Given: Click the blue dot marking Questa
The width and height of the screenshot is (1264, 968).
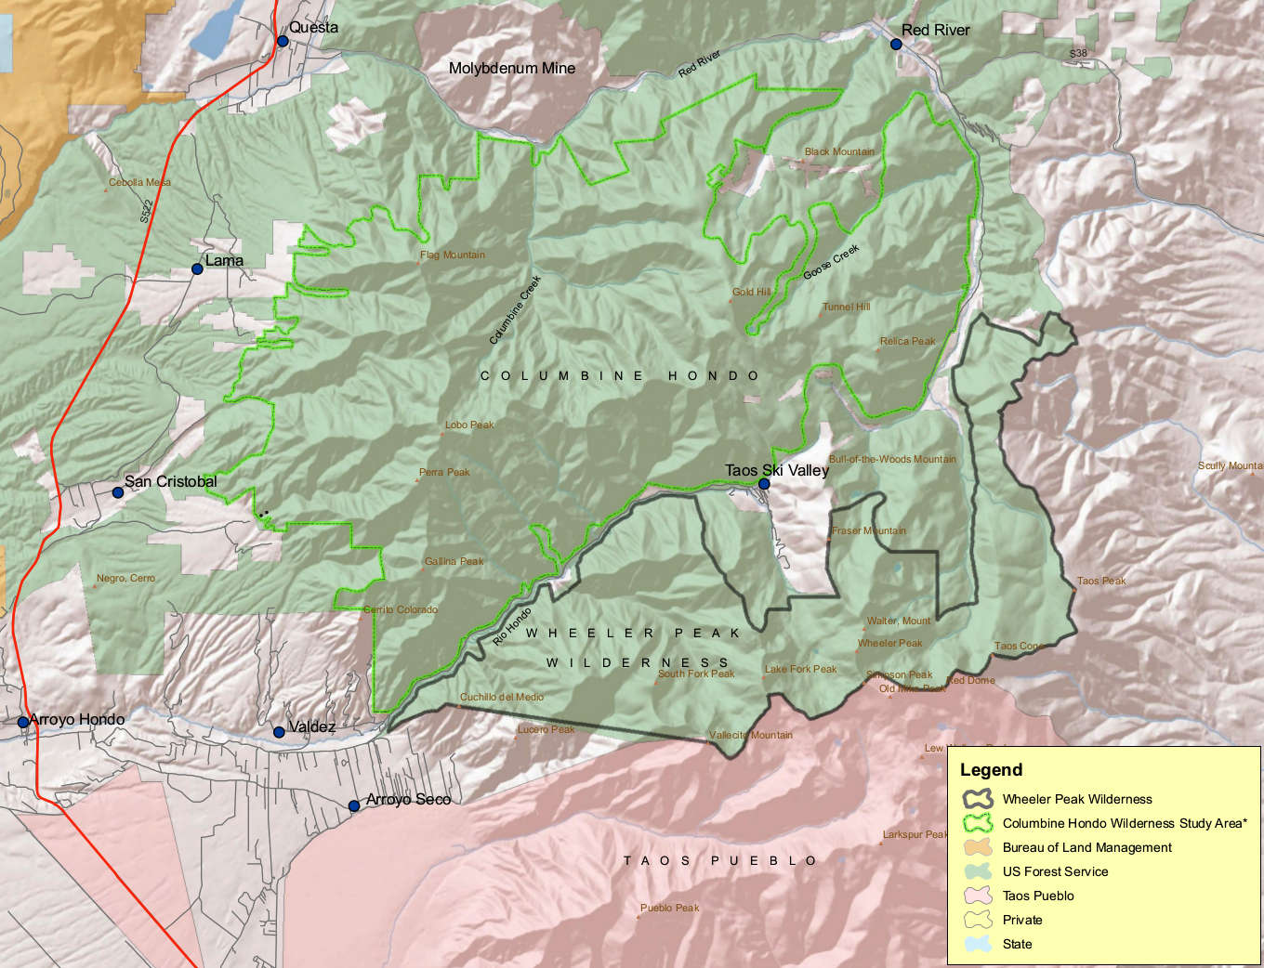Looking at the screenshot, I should coord(283,41).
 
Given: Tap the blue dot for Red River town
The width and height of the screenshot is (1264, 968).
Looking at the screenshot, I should coord(896,44).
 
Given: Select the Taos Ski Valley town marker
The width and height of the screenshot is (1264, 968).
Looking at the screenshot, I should coord(764,484).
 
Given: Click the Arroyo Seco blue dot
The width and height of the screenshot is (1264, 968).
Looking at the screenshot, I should coord(354,805).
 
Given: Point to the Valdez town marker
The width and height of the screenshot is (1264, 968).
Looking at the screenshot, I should coord(279,732).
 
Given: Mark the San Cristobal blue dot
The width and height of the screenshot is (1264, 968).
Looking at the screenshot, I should coord(118,492).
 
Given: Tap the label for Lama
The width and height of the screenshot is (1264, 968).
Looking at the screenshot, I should coord(224,260).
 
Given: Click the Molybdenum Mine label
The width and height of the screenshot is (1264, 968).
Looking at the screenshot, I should coord(511,68).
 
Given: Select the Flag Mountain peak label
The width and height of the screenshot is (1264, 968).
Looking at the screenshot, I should coord(453,255).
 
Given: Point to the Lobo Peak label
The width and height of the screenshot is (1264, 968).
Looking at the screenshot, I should coord(469,425).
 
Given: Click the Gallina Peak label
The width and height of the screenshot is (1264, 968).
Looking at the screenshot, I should coord(454,561).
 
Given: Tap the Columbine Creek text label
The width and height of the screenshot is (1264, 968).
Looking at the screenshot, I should coord(515,310).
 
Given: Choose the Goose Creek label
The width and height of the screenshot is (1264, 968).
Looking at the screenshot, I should coord(831,262).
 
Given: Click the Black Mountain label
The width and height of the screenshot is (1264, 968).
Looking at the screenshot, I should coord(839,151).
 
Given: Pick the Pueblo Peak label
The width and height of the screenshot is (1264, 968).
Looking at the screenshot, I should coord(669,908).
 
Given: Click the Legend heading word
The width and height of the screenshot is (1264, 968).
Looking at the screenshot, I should coord(991,770).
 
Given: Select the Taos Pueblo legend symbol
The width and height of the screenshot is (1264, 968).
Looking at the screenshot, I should coord(978,896).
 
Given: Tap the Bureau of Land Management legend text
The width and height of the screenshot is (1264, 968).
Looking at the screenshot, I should coord(1086,847).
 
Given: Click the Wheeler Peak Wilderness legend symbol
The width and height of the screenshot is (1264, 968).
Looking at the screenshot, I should coord(978,799).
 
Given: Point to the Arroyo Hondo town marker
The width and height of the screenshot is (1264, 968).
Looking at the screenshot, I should coord(23,722).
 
